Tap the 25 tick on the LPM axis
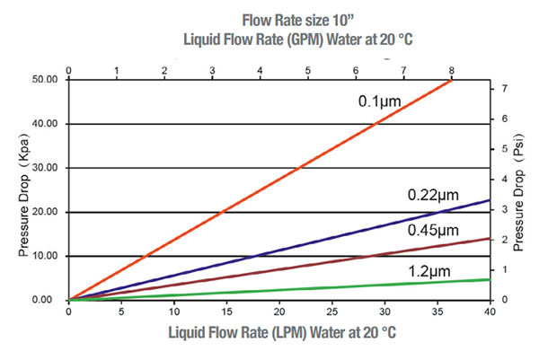[x=332, y=312]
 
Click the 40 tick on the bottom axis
[x=490, y=312]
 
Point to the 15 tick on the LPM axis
[x=227, y=312]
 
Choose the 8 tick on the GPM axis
[x=451, y=68]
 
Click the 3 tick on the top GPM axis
[x=211, y=68]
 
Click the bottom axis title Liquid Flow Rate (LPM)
[x=280, y=334]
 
